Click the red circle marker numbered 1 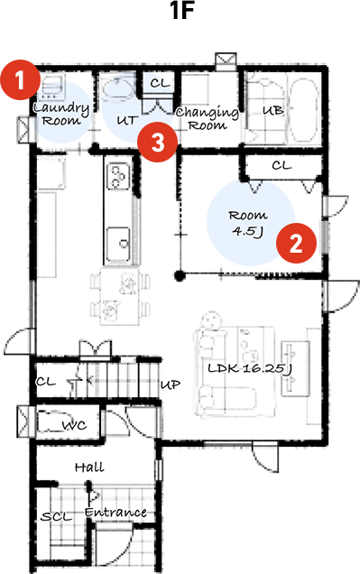point(20,79)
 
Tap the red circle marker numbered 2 point(296,243)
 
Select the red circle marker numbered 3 point(157,142)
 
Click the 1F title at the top point(181,12)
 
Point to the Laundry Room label point(61,115)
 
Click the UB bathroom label point(273,110)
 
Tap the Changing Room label point(208,119)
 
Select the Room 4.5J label point(248,223)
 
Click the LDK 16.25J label point(250,368)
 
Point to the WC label point(75,425)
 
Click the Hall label point(89,468)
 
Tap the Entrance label point(115,512)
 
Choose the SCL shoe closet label point(56,517)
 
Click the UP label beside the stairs point(171,384)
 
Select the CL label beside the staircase point(46,382)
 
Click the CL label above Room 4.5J point(282,165)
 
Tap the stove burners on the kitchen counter point(118,177)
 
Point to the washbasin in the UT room point(117,88)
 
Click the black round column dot point(180,275)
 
